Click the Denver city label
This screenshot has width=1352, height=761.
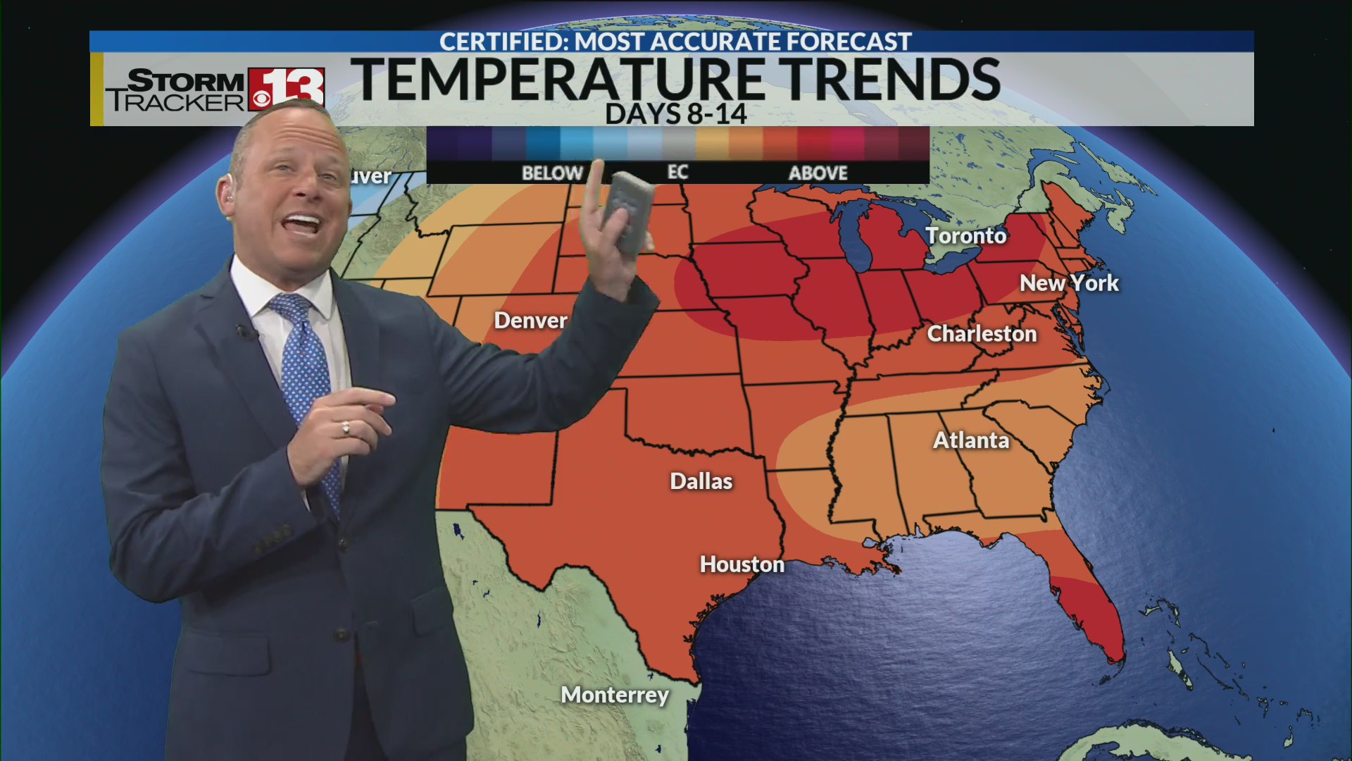(530, 321)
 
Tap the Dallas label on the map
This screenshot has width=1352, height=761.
(701, 481)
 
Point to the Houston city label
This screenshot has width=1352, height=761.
(741, 564)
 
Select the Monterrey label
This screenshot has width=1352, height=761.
(615, 695)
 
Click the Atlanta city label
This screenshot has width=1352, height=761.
(971, 440)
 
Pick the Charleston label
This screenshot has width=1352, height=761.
(982, 333)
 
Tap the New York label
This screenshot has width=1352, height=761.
(1069, 283)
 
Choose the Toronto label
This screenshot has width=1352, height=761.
(965, 235)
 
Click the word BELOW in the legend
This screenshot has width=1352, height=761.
(552, 173)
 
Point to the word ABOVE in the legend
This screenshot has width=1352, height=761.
(818, 173)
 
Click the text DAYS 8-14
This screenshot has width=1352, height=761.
(676, 114)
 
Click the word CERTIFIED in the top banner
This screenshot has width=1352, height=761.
(501, 42)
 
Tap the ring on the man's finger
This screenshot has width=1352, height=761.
(345, 427)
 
